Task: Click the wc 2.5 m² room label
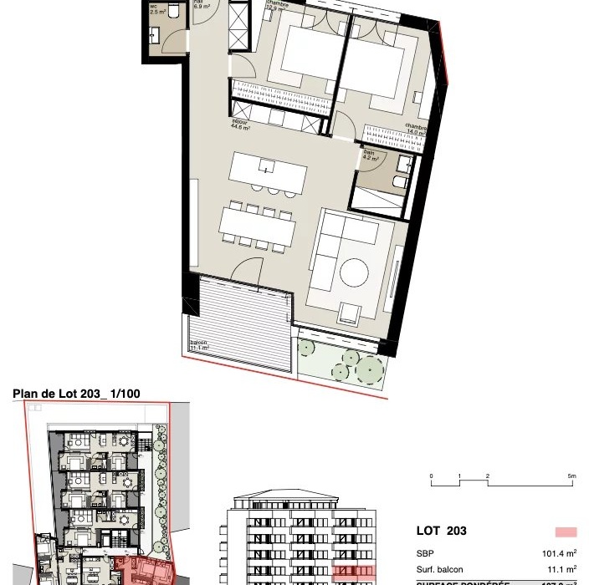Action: point(156,10)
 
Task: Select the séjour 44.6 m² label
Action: point(243,126)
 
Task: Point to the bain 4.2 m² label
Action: point(371,155)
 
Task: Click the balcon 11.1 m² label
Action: point(199,347)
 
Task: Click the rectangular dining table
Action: point(258,224)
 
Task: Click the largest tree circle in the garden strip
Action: point(370,367)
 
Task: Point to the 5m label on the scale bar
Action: point(571,476)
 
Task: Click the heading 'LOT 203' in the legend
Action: point(441,531)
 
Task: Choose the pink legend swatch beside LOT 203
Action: point(566,532)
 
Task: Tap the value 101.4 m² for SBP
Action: point(560,553)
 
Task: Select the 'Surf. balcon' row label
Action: point(438,569)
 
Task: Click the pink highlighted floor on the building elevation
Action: point(352,572)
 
